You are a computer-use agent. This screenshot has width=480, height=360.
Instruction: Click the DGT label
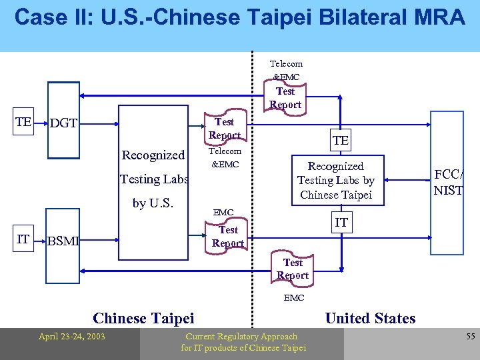[63, 123]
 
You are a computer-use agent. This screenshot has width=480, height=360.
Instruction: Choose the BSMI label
[63, 241]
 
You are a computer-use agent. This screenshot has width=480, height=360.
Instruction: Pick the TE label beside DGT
[23, 122]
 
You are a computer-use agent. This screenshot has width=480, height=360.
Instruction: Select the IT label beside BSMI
[23, 239]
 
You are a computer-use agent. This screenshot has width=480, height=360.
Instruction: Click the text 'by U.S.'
[153, 203]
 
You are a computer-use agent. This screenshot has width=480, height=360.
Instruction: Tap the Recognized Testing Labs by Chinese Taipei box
[336, 180]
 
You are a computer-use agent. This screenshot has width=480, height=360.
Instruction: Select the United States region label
[370, 318]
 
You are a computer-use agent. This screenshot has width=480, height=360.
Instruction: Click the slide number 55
[470, 337]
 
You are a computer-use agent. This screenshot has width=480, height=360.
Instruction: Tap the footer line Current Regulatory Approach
[241, 336]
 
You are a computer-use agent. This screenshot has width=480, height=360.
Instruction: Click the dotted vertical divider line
[253, 200]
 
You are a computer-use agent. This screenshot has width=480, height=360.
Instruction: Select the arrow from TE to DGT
[41, 123]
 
